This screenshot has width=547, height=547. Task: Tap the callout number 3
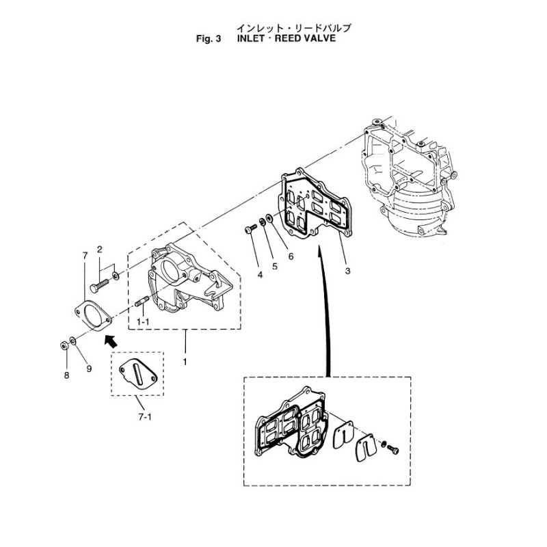tap(347, 271)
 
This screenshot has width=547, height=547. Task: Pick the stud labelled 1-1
tap(142, 302)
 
